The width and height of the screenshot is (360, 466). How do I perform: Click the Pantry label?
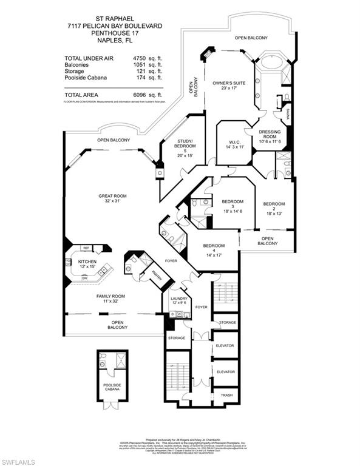[155, 274]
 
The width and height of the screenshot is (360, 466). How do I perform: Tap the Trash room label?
[226, 395]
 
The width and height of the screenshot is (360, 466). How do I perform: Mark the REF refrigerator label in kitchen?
[86, 249]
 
